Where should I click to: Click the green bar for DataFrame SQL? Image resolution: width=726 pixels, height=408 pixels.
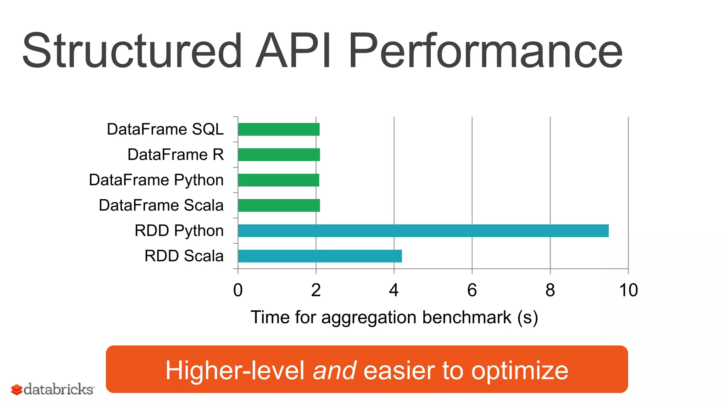click(279, 129)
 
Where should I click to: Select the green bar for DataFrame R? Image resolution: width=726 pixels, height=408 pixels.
click(279, 155)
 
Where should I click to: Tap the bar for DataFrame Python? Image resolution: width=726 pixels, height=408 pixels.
click(279, 180)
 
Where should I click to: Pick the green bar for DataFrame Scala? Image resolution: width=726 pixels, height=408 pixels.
click(279, 205)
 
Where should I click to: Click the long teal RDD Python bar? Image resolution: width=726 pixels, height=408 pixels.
click(423, 231)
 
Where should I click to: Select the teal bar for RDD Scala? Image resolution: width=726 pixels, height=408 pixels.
click(320, 256)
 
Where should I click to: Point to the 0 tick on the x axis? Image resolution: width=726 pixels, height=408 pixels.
click(238, 290)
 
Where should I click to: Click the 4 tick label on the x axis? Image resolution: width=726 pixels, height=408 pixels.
click(394, 290)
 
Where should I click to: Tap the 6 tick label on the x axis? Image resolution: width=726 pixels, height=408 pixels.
click(472, 290)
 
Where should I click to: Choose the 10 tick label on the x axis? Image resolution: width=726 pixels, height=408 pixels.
click(628, 290)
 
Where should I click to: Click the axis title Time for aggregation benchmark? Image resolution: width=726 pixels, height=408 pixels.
click(394, 317)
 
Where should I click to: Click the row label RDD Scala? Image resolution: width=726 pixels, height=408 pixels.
click(184, 256)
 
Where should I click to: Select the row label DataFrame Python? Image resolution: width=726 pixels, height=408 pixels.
click(156, 180)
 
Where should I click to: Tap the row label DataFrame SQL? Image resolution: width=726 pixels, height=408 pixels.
click(165, 129)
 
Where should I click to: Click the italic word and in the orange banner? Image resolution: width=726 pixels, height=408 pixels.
click(334, 370)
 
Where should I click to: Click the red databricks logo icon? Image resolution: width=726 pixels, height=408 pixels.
click(17, 390)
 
